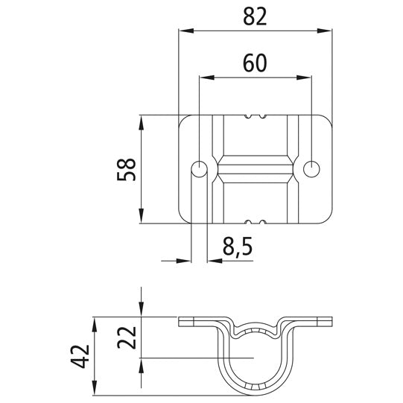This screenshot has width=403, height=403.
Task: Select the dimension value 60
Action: pos(256,63)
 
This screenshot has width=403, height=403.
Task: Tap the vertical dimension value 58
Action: pos(127,169)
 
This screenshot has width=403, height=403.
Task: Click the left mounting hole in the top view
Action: pos(199,169)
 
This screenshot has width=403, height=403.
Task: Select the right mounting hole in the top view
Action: pos(311,169)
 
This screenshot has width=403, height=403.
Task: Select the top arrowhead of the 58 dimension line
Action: pos(141,120)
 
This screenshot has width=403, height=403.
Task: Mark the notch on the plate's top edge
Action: pos(256,116)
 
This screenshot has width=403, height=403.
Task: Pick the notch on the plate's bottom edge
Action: pos(256,222)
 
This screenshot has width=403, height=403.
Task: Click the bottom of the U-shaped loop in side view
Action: pos(256,394)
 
